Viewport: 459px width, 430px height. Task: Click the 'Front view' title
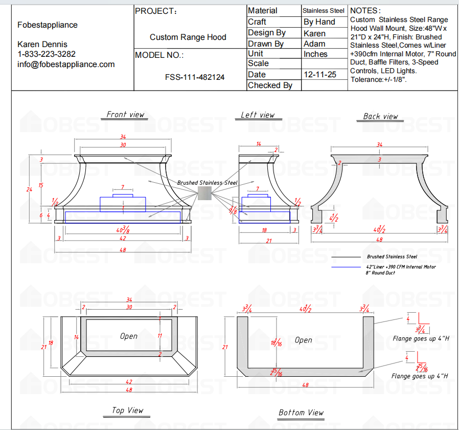pos(125,114)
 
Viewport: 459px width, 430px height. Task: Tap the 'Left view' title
pos(258,115)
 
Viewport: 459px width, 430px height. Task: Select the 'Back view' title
pos(380,116)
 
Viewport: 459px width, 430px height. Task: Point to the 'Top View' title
pos(128,410)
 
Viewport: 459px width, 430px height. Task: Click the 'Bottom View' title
pos(301,412)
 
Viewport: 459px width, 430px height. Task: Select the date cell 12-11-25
pos(319,74)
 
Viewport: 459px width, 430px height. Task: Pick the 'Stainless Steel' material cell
pos(323,10)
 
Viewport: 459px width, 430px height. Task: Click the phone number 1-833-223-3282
pos(47,54)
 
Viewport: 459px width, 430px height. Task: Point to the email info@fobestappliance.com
pos(66,64)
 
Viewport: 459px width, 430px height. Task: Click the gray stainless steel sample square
pos(204,194)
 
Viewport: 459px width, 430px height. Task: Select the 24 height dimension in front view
pos(29,189)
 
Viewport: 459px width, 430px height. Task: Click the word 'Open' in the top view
pos(129,336)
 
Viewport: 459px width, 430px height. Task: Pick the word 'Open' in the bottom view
pos(303,339)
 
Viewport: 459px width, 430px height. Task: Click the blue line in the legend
pos(347,267)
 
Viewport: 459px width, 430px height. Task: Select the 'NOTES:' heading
pos(365,10)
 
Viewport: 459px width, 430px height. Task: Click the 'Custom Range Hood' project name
pos(188,37)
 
